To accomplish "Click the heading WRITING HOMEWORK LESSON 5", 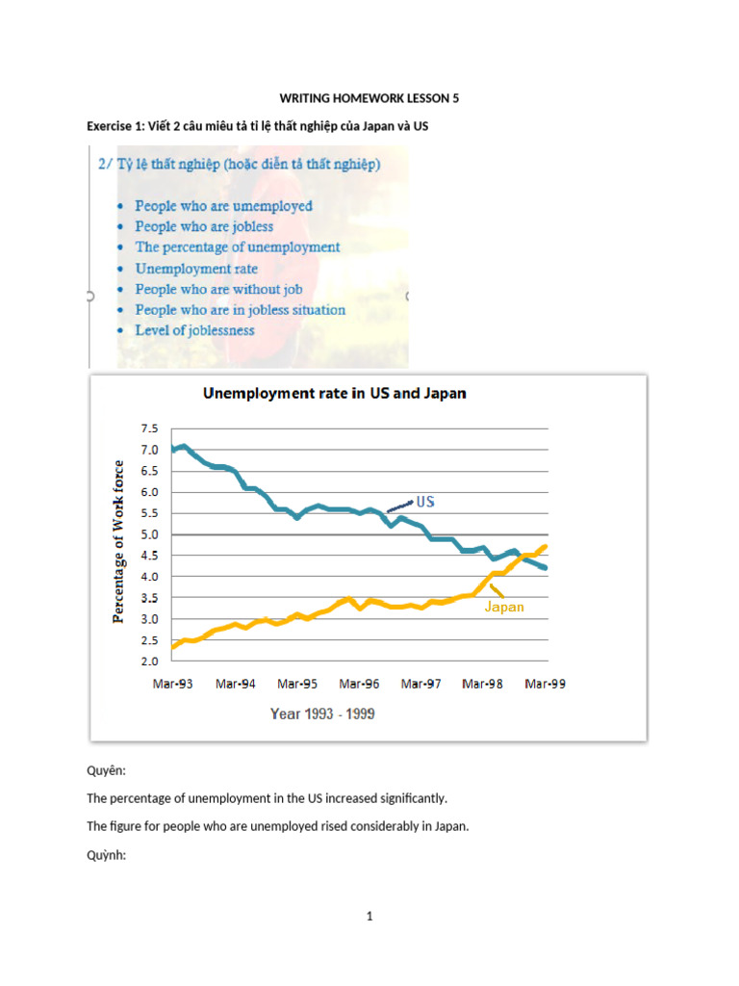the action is coord(369,98).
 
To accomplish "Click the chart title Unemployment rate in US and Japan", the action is coord(334,394).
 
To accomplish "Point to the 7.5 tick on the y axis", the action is coord(149,428).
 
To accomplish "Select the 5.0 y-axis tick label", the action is coord(149,534).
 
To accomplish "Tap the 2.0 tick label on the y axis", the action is coord(149,662).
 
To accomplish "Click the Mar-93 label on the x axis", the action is coord(173,685).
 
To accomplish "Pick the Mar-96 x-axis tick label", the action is coord(359,685).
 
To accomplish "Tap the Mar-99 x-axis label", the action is coord(545,685).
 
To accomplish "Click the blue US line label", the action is coord(425,502).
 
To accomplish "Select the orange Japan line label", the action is coord(504,607).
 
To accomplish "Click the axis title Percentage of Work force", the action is coord(118,541).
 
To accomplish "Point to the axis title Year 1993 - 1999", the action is coord(322,714).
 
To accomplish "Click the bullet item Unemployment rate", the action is coord(196,269).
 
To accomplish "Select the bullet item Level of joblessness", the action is coord(194,330).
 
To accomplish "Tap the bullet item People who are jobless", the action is coord(204,226).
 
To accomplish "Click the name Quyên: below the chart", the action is coord(106,771).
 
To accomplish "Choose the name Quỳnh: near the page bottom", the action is coord(106,855).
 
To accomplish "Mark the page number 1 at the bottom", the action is coord(369,917).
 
